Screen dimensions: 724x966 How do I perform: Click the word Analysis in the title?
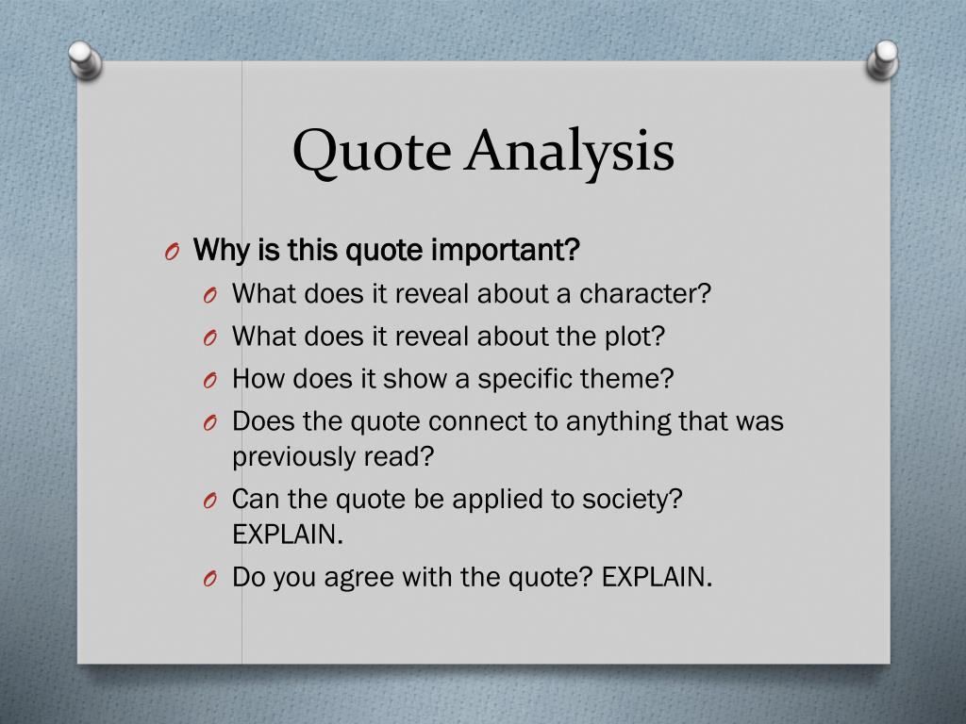(x=569, y=152)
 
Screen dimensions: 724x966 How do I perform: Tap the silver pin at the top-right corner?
(x=883, y=59)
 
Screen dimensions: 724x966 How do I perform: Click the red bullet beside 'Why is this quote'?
(x=171, y=254)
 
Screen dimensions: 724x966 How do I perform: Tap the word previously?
(x=293, y=456)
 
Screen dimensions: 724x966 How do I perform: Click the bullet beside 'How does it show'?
(x=210, y=381)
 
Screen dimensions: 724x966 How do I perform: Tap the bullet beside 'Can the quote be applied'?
(x=210, y=501)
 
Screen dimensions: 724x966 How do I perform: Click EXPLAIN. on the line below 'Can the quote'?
(x=288, y=535)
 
